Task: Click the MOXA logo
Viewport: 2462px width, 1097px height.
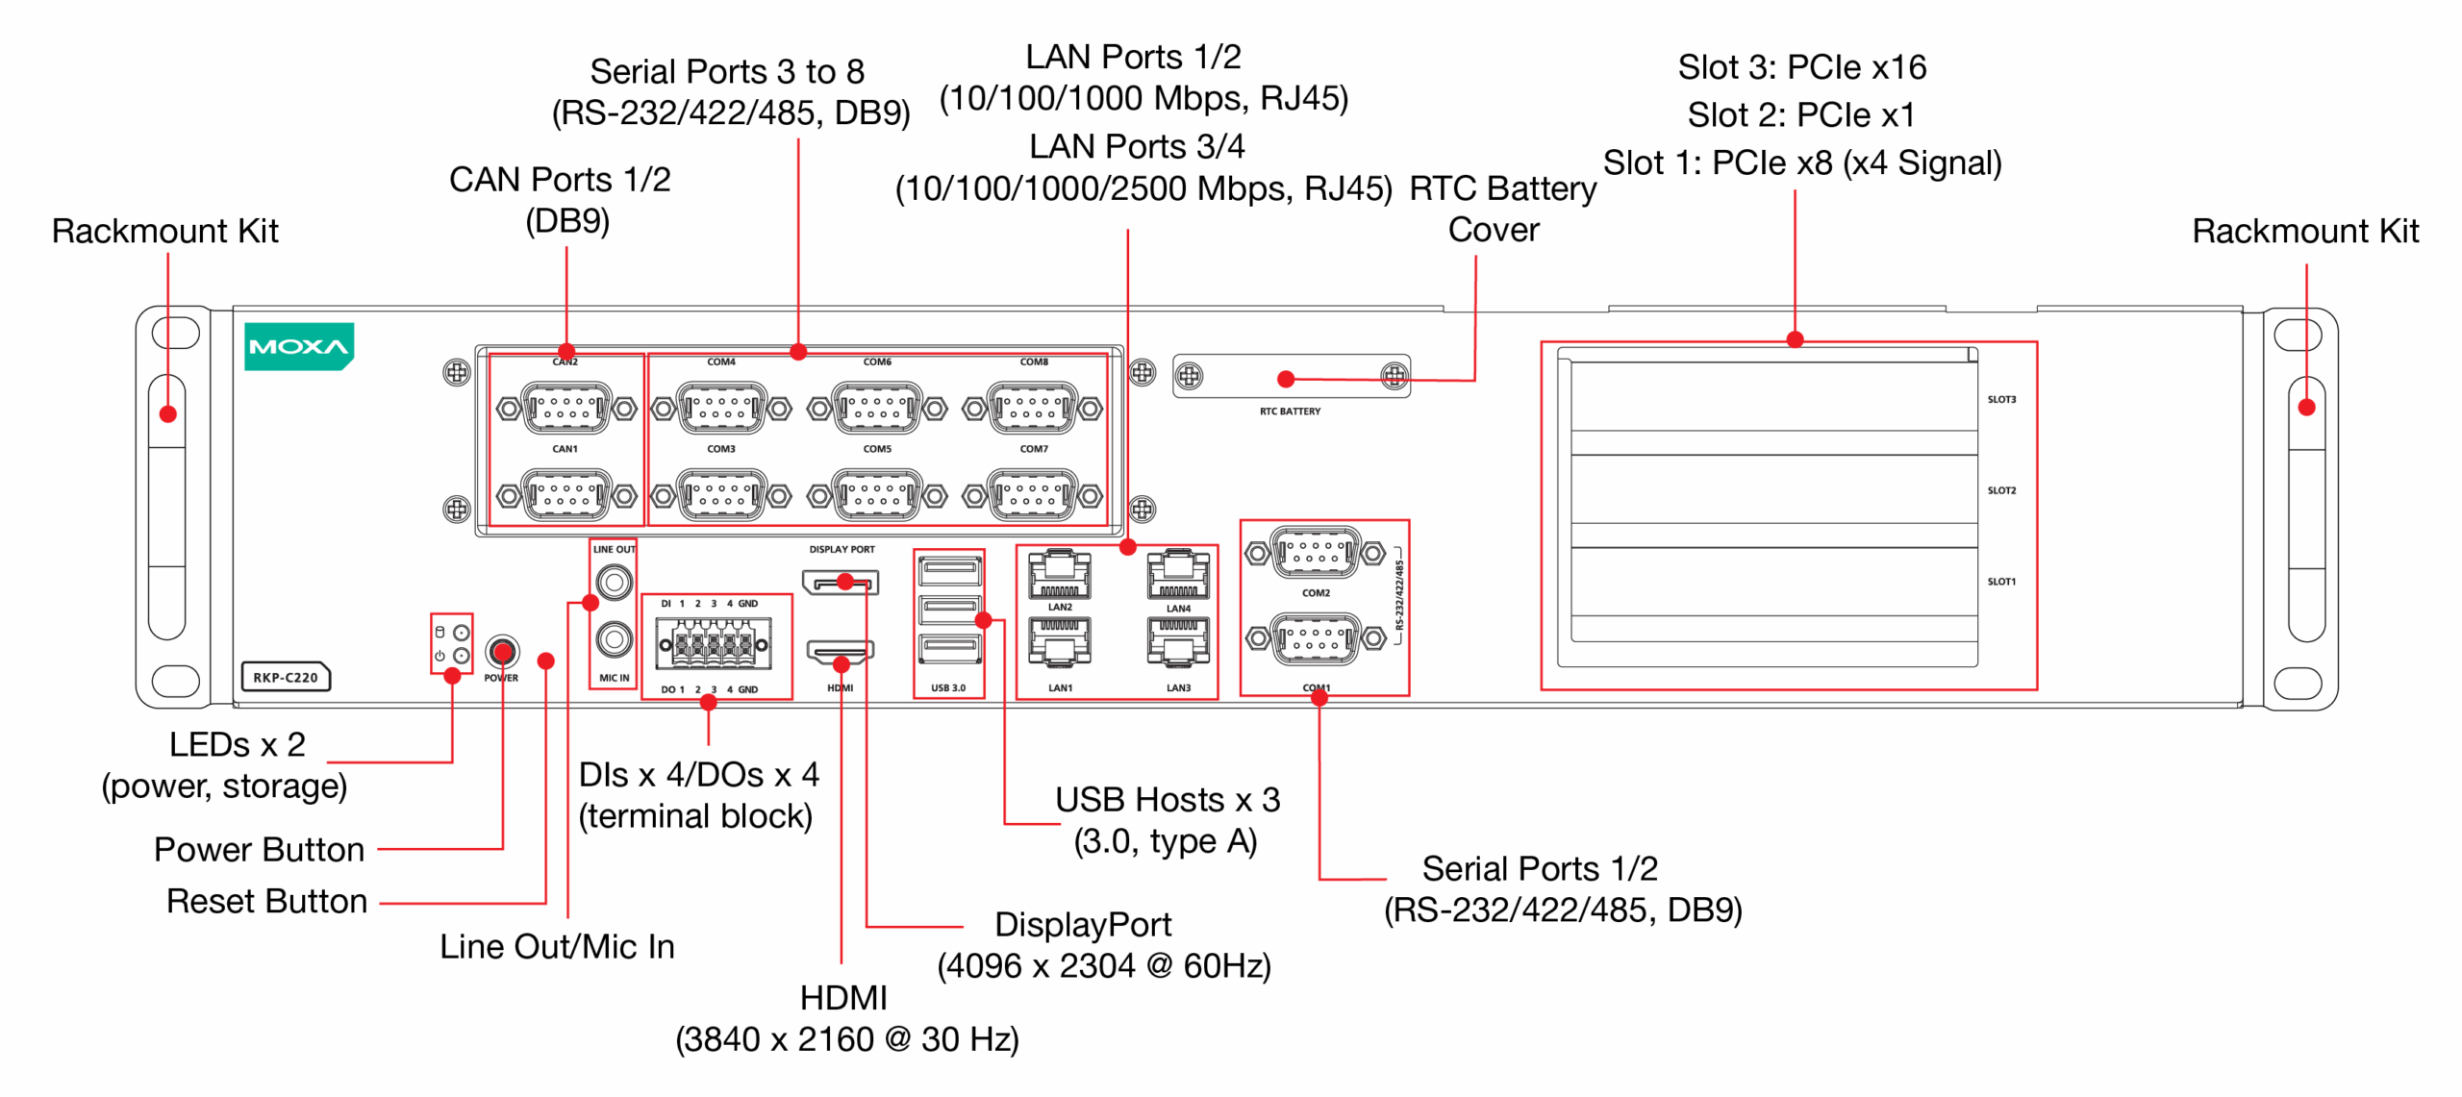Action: coord(298,346)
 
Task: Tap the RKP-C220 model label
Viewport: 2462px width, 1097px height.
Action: coord(286,677)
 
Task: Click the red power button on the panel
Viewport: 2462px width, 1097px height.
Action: coord(501,653)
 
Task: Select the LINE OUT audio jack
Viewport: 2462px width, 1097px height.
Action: coord(614,582)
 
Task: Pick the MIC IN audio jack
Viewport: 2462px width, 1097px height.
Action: coord(614,638)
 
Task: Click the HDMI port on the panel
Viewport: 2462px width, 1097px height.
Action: coord(840,654)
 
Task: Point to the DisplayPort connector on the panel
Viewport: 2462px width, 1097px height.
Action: coord(840,583)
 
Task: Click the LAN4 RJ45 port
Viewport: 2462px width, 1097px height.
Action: coord(1177,575)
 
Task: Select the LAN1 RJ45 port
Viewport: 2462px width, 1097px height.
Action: coord(1059,642)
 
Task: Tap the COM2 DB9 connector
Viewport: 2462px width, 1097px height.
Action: coord(1315,553)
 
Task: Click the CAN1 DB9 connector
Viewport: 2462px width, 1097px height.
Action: coord(565,495)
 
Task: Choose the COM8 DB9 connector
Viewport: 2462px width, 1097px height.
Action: coord(1033,409)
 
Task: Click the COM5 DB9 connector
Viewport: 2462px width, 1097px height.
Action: coord(876,495)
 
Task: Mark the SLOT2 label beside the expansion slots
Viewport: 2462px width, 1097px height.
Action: coord(2001,490)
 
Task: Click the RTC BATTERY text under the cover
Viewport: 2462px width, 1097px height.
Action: coord(1290,411)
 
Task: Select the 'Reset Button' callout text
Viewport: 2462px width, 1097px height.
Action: coord(266,902)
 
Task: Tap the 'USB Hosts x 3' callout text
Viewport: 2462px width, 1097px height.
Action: coord(1167,800)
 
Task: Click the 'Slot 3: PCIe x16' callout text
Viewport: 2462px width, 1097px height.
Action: coord(1801,67)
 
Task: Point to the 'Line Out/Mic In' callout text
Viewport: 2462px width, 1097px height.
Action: coord(557,947)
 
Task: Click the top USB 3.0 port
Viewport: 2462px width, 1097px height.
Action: coord(949,571)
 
